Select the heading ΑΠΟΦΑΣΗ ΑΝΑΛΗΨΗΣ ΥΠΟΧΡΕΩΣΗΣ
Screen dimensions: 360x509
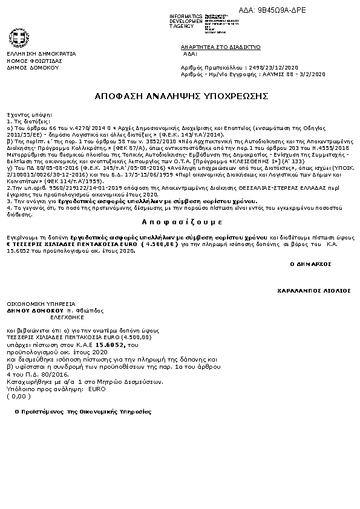coord(178,97)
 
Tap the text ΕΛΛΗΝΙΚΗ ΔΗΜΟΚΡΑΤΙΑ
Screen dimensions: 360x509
coord(33,54)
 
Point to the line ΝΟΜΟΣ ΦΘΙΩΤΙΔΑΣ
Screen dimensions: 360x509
coord(28,61)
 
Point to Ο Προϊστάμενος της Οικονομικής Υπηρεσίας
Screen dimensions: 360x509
coord(83,411)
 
